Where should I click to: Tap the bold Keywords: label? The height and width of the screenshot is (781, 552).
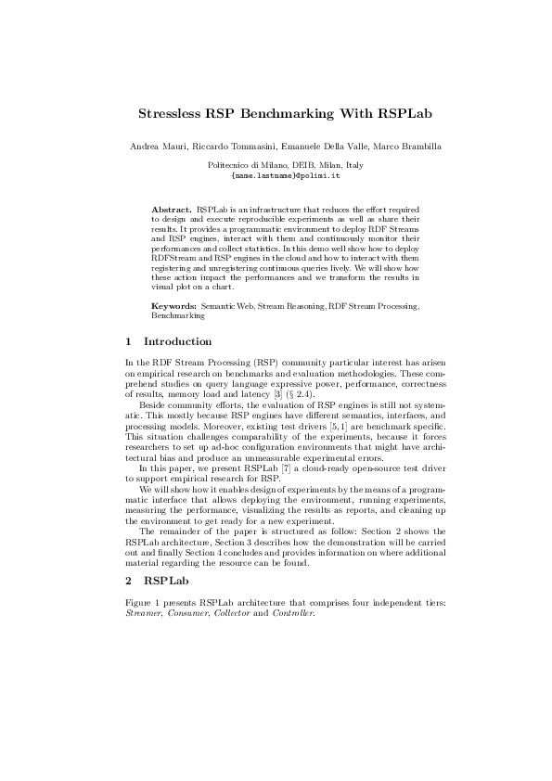click(174, 304)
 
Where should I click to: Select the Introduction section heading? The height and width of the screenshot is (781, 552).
click(178, 341)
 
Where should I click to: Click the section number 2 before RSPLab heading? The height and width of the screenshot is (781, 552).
click(128, 582)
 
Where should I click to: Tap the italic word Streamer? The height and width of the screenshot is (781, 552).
click(142, 613)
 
